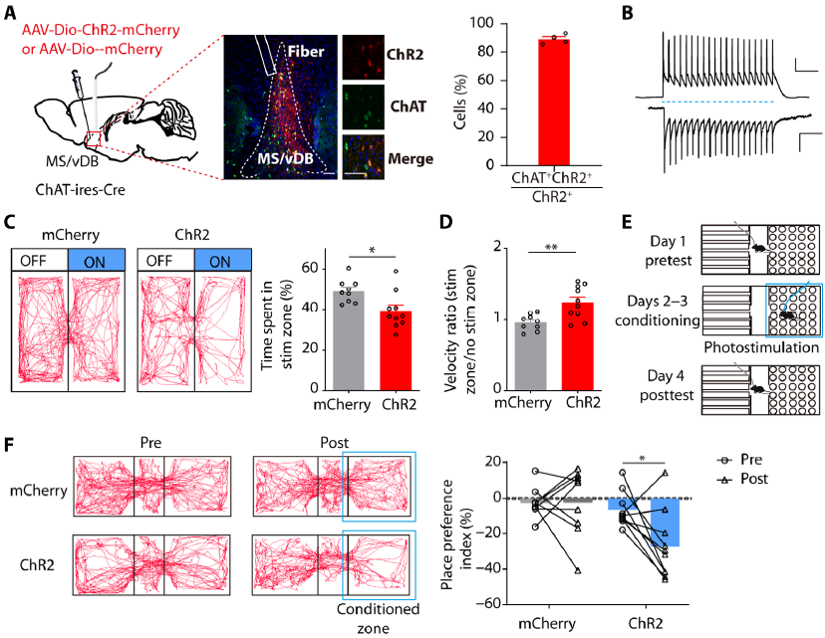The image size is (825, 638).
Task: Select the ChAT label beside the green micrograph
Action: point(399,101)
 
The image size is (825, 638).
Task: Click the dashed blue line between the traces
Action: point(716,102)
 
